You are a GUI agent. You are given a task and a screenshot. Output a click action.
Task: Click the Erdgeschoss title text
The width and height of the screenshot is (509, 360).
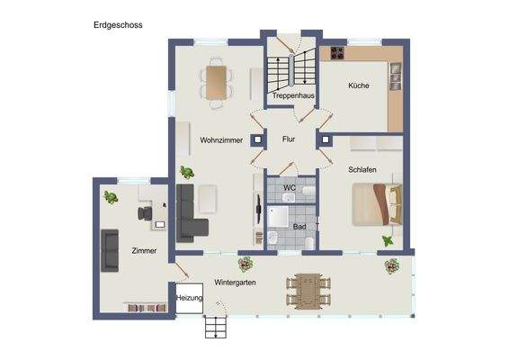(x=118, y=25)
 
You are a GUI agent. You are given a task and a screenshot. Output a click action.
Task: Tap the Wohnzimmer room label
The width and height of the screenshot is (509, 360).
(x=221, y=140)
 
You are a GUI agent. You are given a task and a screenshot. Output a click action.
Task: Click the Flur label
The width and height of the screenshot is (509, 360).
(x=289, y=139)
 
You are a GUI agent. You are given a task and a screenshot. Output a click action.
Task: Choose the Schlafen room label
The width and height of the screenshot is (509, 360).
(x=362, y=168)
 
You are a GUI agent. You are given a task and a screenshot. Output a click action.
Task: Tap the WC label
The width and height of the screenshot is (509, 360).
(x=289, y=188)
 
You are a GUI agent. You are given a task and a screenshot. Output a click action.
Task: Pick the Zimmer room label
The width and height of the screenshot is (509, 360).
(x=145, y=251)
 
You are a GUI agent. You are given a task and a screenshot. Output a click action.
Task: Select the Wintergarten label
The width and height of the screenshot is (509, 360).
(x=229, y=282)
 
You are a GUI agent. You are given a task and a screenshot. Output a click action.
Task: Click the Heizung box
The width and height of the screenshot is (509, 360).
(x=190, y=298)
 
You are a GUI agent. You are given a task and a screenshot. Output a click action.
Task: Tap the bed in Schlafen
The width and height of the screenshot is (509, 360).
(x=376, y=204)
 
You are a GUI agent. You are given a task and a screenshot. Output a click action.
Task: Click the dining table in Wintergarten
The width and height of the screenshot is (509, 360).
(x=308, y=291)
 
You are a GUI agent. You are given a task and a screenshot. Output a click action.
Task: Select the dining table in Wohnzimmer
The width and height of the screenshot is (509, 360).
(x=216, y=82)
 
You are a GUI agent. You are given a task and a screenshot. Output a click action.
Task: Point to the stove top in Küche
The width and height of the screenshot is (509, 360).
(x=337, y=52)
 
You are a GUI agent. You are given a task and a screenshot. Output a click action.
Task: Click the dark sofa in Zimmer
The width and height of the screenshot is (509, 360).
(x=110, y=249)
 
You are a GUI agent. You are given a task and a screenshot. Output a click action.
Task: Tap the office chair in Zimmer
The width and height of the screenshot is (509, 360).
(x=145, y=212)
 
